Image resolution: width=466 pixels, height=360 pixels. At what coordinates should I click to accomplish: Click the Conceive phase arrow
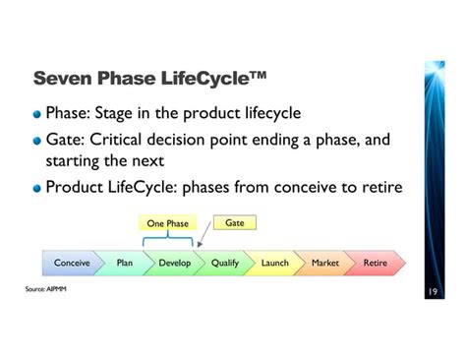[71, 264]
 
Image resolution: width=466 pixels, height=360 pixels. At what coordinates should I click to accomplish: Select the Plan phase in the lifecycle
[124, 264]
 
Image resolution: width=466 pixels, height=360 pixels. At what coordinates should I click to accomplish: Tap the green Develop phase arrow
[174, 264]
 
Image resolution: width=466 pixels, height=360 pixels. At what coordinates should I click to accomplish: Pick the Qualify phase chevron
[225, 264]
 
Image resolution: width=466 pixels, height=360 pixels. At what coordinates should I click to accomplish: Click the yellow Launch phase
[275, 264]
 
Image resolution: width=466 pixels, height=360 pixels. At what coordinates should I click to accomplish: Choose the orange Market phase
[325, 264]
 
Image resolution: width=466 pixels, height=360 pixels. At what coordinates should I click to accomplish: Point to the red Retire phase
[375, 264]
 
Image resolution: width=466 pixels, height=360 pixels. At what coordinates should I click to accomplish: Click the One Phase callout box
[167, 223]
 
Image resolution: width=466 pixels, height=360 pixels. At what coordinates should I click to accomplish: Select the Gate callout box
[234, 222]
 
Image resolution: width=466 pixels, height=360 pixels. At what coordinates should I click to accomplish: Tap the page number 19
[433, 292]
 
